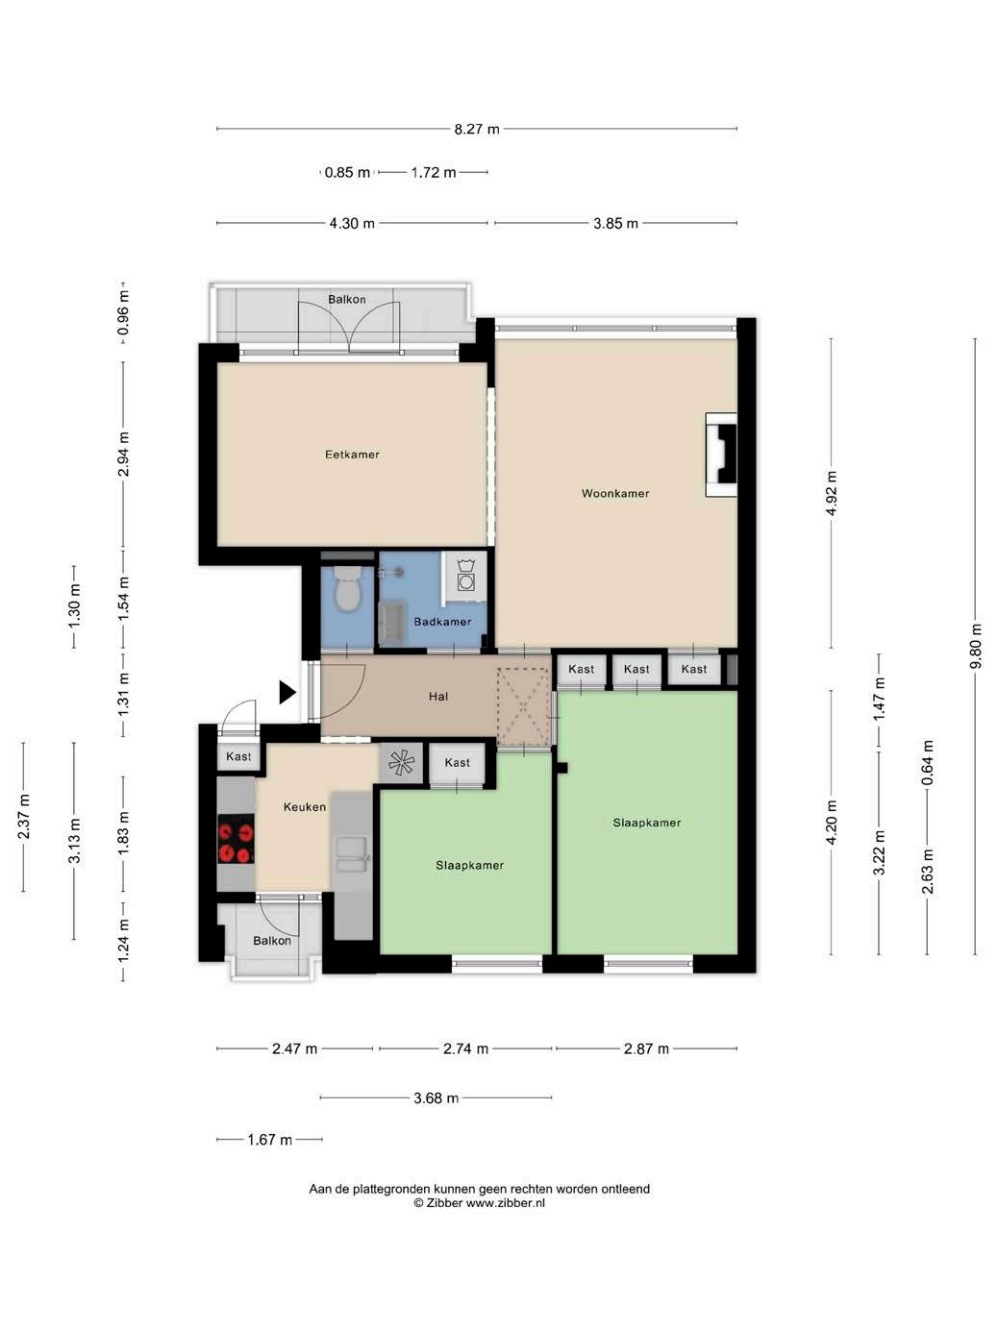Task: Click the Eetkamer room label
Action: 352,455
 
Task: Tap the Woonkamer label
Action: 615,493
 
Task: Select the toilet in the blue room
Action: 347,588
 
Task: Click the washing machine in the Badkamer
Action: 465,577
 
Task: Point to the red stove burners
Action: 236,838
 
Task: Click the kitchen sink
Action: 352,855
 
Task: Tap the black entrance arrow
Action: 287,693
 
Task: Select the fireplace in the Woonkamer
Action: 722,455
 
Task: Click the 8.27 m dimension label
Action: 477,129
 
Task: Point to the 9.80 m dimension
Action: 975,646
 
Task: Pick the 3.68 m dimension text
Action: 436,1098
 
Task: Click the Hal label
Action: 438,697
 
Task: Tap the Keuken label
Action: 305,807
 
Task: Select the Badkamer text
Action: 442,622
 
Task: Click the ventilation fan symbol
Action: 401,763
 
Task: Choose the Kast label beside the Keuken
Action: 238,756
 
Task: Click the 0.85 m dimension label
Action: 347,173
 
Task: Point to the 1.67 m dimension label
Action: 269,1140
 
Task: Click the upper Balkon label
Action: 346,299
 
